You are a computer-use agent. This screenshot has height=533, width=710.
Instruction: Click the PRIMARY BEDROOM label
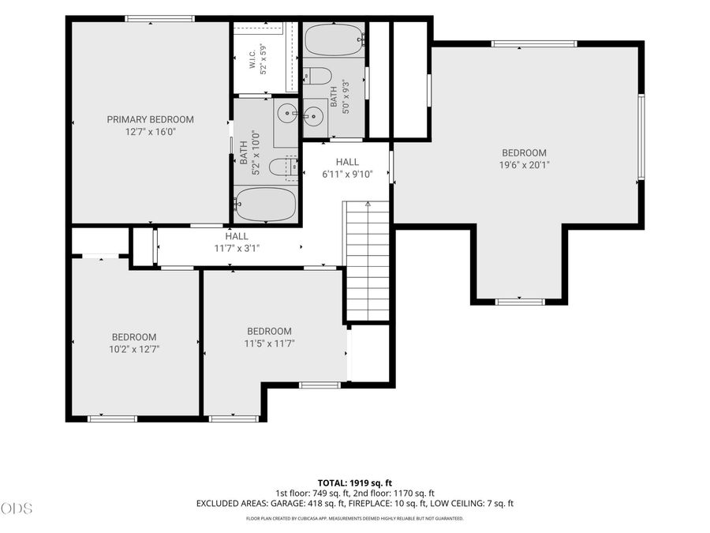point(151,120)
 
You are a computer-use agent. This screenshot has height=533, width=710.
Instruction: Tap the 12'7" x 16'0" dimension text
point(151,132)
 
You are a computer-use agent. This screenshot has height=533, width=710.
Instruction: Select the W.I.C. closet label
point(252,59)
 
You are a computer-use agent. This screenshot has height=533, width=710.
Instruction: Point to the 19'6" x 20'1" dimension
point(525,165)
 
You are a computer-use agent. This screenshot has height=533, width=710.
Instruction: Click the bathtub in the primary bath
point(266,205)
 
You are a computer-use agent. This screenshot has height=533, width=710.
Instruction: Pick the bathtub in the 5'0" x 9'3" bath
point(334,39)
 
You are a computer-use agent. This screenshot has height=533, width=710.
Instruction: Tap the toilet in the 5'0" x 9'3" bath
point(317,76)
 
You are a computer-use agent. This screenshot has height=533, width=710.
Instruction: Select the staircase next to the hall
point(368,261)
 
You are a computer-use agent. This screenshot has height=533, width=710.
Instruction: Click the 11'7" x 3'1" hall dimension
point(237,249)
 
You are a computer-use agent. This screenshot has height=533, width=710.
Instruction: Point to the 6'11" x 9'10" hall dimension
point(347,174)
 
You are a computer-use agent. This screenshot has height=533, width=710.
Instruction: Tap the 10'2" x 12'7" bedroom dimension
point(134,350)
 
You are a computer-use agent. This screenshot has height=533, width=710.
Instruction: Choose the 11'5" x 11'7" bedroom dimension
point(270,343)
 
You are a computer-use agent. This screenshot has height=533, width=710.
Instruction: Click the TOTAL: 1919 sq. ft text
point(354,483)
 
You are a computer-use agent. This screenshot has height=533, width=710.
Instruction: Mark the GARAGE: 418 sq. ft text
point(308,504)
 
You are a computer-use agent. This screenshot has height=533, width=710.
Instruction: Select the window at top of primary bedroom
point(160,19)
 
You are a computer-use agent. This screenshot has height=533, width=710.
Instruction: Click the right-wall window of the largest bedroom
point(641,137)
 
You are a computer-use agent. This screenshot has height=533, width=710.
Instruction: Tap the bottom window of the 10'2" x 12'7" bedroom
point(112,419)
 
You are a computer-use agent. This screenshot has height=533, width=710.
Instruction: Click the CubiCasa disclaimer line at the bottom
point(354,519)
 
